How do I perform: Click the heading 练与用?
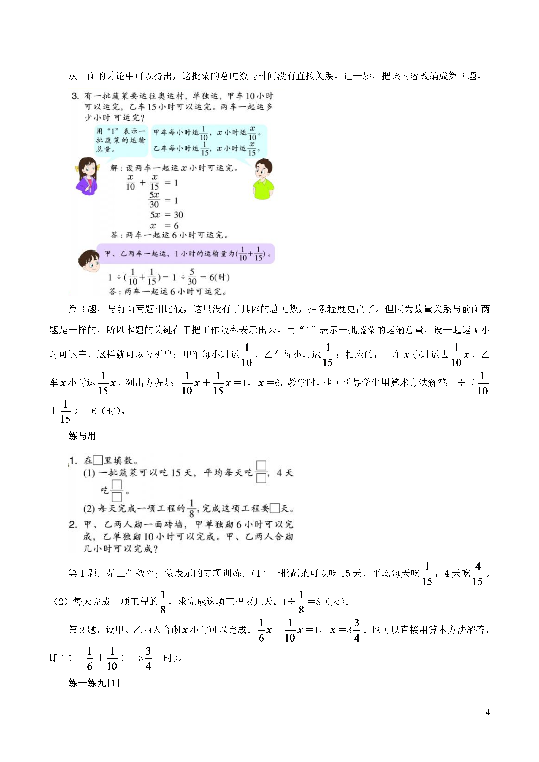pyautogui.click(x=82, y=436)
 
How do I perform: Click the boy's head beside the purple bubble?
pyautogui.click(x=89, y=261)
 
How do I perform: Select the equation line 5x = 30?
pyautogui.click(x=166, y=215)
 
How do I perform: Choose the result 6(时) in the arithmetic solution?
pyautogui.click(x=219, y=277)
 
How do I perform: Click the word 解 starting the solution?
pyautogui.click(x=114, y=168)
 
